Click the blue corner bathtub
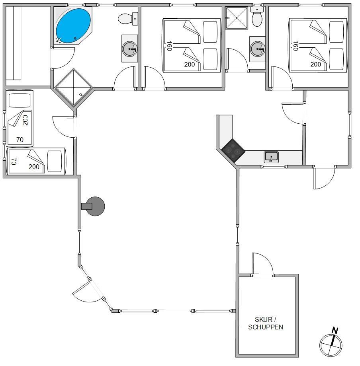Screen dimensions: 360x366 (x=73, y=26)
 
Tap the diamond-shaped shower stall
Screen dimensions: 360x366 (x=74, y=88)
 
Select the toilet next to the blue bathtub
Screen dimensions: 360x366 (x=128, y=19)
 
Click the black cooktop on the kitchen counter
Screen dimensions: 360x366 (x=233, y=150)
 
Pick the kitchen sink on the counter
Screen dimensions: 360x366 (x=271, y=157)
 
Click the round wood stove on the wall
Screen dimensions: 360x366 (x=93, y=206)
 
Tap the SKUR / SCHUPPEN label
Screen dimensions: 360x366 (x=265, y=323)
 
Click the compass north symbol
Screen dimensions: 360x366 (x=331, y=345)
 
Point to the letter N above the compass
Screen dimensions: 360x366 (x=335, y=330)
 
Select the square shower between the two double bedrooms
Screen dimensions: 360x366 (x=237, y=18)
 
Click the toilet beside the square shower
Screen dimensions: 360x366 (x=257, y=17)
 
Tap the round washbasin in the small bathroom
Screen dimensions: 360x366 (x=257, y=49)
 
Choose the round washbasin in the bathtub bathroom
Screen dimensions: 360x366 (x=130, y=49)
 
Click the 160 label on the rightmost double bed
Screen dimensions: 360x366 (x=295, y=46)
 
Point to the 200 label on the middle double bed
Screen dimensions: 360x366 (x=190, y=64)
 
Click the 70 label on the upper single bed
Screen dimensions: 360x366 (x=20, y=140)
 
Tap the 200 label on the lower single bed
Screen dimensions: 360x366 (x=34, y=167)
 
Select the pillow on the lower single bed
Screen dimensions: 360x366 (x=55, y=161)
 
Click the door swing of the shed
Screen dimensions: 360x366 (x=262, y=264)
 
